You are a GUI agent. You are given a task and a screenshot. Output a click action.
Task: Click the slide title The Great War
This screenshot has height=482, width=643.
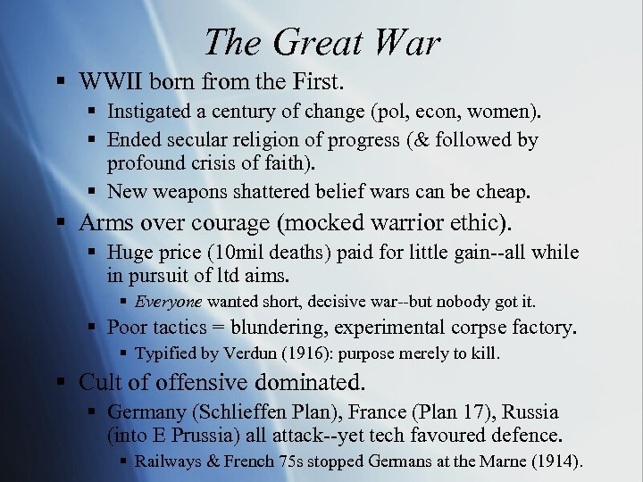point(321,42)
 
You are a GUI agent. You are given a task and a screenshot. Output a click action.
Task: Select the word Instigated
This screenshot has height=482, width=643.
point(146,112)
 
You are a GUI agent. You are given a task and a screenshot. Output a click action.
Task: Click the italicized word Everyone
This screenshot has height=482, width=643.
point(169,302)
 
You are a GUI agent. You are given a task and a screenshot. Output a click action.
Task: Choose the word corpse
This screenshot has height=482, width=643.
point(502,328)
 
